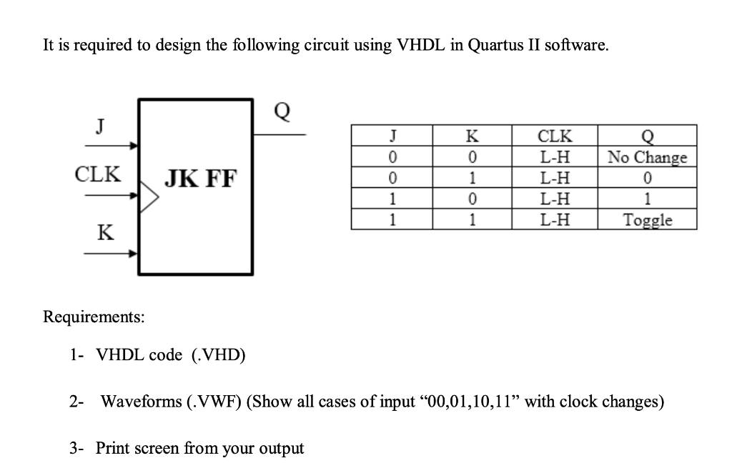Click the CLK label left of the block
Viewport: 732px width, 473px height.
98,174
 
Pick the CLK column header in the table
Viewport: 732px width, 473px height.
554,136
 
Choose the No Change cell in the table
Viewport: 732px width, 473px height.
647,157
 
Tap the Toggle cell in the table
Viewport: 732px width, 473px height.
647,220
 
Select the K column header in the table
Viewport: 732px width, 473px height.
472,136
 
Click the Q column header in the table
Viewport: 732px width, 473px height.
647,136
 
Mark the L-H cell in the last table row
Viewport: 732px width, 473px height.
554,220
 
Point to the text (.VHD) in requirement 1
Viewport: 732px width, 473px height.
219,355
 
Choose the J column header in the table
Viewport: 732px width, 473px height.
391,136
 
